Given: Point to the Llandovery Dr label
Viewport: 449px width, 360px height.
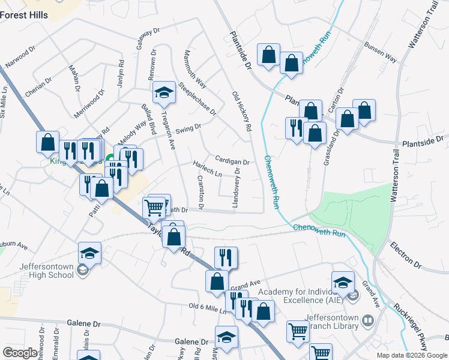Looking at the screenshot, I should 237,188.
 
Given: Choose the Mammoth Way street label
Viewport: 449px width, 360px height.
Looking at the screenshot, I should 194,70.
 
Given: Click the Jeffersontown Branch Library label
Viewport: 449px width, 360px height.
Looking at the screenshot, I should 332,322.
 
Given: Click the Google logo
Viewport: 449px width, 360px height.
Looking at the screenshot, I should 20,353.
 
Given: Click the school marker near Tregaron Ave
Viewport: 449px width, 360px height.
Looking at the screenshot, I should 163,93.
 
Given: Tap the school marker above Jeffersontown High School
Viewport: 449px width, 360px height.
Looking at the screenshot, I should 89,253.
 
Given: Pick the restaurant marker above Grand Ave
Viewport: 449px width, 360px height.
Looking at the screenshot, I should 226,258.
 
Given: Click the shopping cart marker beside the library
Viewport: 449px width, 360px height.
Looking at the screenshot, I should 298,332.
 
